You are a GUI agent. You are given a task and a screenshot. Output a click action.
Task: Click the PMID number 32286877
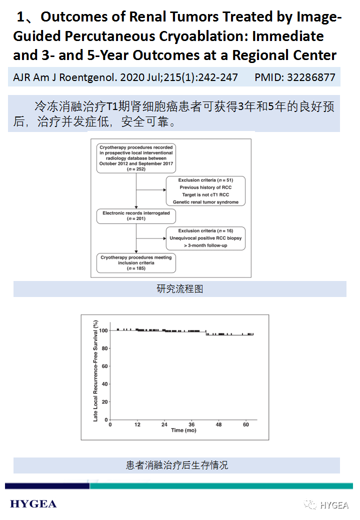click(x=311, y=77)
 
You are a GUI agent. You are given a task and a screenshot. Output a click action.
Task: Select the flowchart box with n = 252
click(x=136, y=158)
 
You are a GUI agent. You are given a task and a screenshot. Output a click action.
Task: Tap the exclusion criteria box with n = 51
click(x=205, y=190)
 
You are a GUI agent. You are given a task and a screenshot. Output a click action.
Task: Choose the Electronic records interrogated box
click(x=136, y=215)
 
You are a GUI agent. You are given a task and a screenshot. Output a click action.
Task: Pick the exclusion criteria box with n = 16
click(x=205, y=238)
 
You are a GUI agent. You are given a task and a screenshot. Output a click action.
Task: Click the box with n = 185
click(x=136, y=263)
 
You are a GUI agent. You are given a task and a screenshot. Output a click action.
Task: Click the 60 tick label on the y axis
click(x=104, y=366)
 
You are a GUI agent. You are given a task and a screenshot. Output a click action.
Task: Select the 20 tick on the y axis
click(x=104, y=402)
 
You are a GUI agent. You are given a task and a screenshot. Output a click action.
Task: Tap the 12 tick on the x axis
click(x=137, y=424)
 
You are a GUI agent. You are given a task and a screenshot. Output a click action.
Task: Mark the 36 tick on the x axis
click(x=191, y=424)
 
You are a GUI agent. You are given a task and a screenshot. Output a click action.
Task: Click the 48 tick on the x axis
click(x=218, y=424)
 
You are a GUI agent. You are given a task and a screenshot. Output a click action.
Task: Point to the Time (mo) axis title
click(x=183, y=430)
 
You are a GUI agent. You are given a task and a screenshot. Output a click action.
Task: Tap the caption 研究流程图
click(x=179, y=289)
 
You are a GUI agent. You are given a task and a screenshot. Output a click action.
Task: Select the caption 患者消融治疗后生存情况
click(x=176, y=465)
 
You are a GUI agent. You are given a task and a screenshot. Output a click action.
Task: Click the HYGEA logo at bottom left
click(x=33, y=504)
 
